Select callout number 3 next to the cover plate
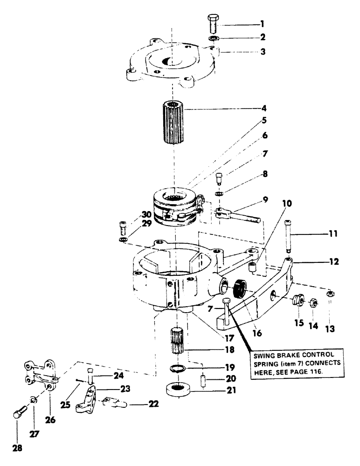coord(263,52)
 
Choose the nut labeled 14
coord(314,303)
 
